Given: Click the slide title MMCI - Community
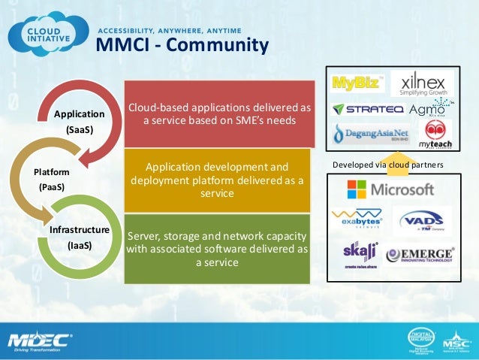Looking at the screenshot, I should tap(182, 47).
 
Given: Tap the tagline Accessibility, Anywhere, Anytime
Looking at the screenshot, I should tap(170, 31).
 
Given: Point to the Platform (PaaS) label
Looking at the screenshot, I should tap(50, 179).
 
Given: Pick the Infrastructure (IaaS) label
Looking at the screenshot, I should tap(80, 237).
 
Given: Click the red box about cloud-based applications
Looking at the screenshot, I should tap(218, 113).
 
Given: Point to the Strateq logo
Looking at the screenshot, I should tap(369, 110).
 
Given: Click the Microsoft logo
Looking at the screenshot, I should tap(390, 189).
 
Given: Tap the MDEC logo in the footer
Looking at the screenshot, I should tap(39, 340).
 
